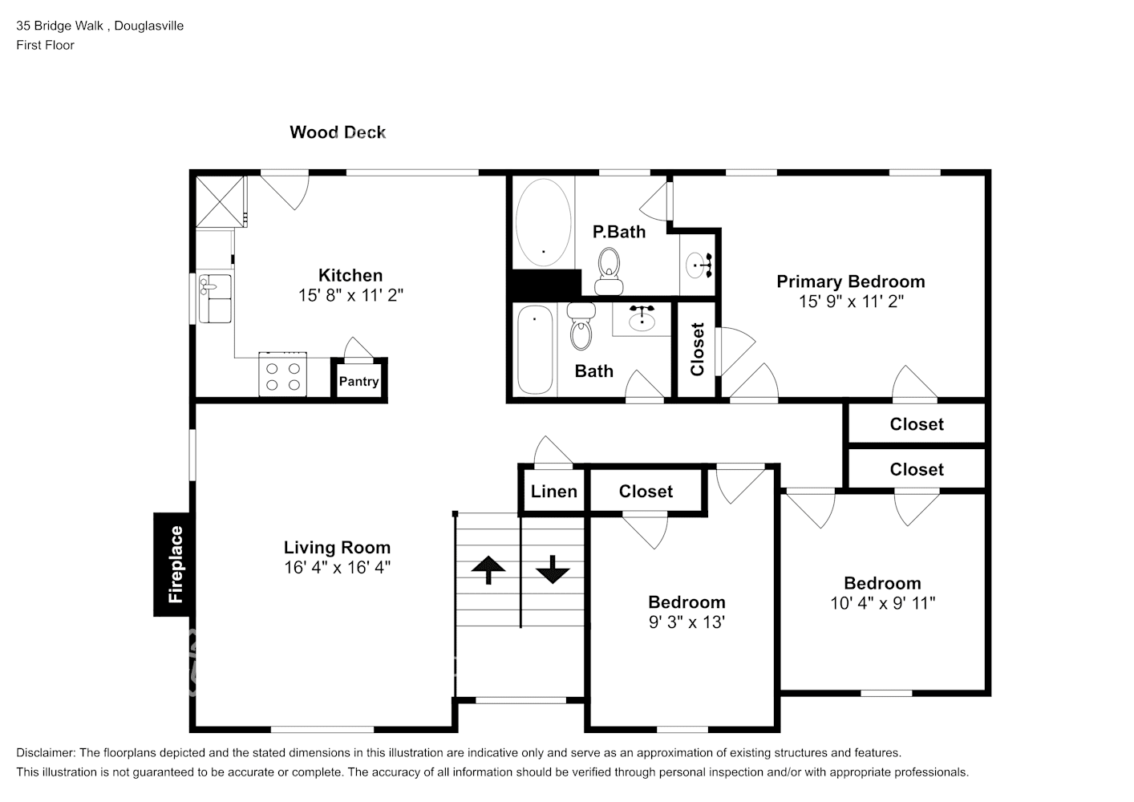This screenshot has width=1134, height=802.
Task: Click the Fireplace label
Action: [175, 565]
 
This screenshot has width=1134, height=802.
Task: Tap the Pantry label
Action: [359, 381]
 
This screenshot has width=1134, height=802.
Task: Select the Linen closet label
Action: [554, 491]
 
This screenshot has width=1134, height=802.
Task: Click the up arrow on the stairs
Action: [488, 569]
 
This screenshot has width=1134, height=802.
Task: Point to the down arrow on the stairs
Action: [553, 569]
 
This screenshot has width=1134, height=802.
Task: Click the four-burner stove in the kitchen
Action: [282, 375]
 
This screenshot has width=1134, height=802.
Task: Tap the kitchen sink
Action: [215, 298]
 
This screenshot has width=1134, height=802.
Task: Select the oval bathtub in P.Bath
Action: [543, 222]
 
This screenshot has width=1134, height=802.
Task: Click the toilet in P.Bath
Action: [609, 271]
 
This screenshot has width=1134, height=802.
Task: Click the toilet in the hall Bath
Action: [581, 326]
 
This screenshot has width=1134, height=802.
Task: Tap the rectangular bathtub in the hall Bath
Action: [535, 350]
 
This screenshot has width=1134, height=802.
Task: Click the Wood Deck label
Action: [338, 132]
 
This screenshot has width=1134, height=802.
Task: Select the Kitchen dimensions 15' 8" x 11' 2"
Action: [350, 295]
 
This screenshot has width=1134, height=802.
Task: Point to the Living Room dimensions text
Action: [337, 567]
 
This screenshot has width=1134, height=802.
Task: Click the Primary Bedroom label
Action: [851, 282]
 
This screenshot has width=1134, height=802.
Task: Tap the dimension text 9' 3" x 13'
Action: [687, 622]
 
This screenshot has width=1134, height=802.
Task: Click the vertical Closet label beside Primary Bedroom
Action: [698, 350]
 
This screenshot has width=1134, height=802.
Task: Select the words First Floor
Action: [45, 45]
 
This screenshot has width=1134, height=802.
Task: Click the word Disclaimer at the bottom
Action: [46, 753]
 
